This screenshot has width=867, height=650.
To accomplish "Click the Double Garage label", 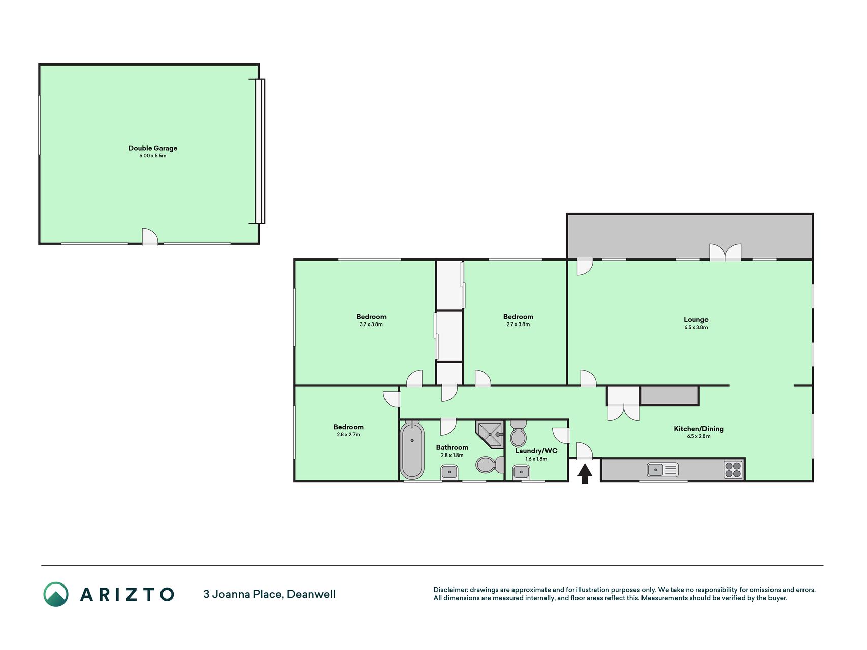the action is click(152, 148).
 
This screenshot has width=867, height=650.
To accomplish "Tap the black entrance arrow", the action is click(585, 474).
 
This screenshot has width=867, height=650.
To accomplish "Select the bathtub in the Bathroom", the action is click(412, 450).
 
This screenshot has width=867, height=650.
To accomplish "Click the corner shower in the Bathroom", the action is click(490, 434).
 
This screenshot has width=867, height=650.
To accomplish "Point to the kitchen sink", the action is click(662, 470).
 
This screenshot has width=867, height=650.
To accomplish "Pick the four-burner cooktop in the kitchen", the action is click(733, 470).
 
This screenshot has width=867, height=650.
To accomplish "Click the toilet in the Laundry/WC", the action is click(519, 433).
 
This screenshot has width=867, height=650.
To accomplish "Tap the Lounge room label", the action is click(696, 319).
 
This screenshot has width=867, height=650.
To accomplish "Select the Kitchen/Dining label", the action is click(698, 429).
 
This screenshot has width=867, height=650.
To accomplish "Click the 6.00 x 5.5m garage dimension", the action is click(152, 156).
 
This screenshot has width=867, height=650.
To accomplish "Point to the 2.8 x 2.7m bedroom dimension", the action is click(348, 435).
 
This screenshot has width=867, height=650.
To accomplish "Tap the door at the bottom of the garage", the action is click(150, 237).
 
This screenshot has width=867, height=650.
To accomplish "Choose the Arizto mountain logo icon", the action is click(56, 594).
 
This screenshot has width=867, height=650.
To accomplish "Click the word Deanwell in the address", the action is click(311, 594).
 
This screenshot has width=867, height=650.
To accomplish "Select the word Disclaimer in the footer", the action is click(450, 590).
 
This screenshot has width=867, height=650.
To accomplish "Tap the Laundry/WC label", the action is click(536, 451).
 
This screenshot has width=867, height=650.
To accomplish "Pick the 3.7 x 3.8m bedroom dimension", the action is click(371, 324).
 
